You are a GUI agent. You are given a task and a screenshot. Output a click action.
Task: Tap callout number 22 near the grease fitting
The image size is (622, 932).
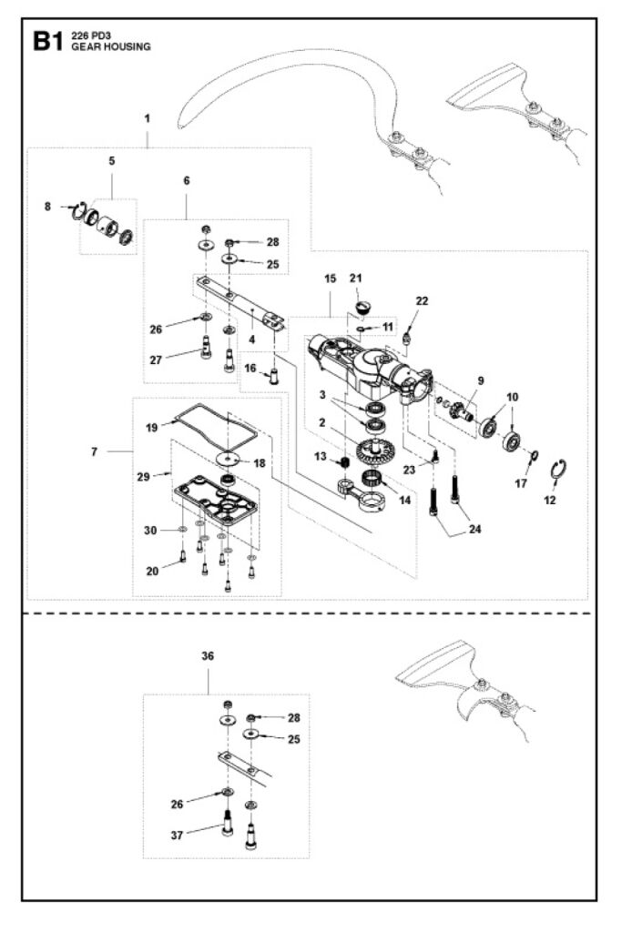point(422,300)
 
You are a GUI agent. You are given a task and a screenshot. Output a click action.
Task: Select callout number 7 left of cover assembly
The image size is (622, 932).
point(96,451)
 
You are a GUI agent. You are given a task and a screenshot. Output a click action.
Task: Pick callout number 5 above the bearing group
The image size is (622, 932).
point(112,161)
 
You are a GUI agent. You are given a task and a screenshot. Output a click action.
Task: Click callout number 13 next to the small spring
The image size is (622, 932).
point(321,455)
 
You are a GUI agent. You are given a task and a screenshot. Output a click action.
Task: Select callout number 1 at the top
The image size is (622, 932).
point(147,119)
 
